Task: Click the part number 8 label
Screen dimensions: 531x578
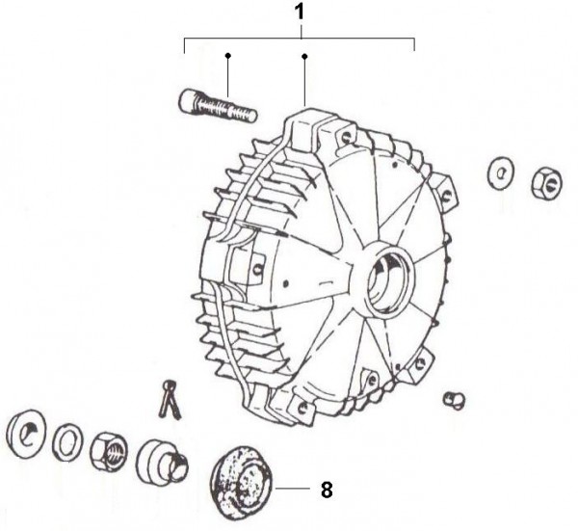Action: point(327,490)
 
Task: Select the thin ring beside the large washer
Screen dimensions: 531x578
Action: point(66,441)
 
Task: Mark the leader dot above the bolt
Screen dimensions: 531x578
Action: point(227,56)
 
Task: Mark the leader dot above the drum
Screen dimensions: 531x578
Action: point(304,56)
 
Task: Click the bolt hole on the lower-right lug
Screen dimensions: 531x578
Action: point(419,363)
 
